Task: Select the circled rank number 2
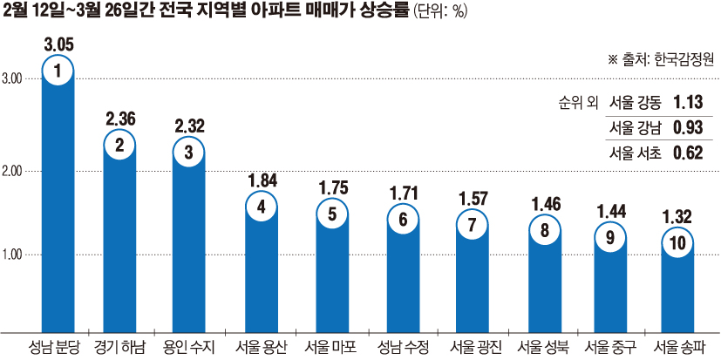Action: click(120, 145)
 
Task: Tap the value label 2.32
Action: click(188, 126)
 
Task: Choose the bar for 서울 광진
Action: click(472, 279)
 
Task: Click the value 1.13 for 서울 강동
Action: click(689, 100)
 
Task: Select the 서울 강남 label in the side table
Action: click(636, 127)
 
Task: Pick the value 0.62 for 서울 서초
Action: click(689, 153)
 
